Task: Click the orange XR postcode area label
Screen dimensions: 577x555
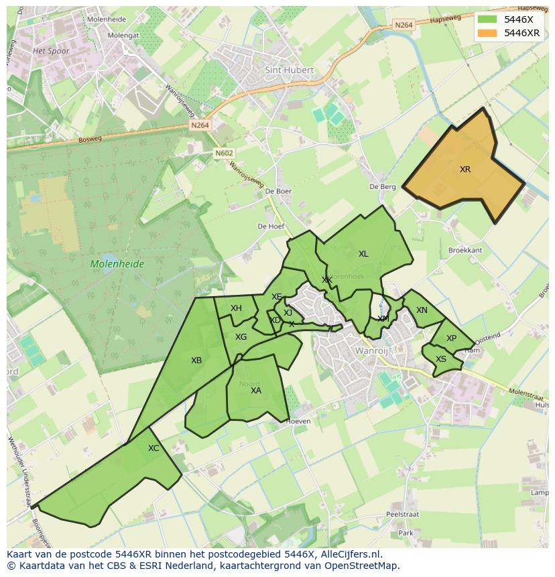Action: click(465, 170)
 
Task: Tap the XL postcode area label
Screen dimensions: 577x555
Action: click(363, 254)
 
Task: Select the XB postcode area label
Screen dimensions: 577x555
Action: click(196, 361)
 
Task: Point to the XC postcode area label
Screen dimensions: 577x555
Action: click(153, 448)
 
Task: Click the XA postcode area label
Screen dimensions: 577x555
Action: click(255, 391)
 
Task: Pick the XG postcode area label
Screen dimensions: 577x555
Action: click(241, 337)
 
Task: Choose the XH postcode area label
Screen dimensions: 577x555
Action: click(236, 308)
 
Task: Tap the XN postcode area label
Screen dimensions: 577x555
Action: click(422, 310)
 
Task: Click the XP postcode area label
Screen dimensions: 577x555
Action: click(451, 338)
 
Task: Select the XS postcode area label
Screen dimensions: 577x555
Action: click(441, 359)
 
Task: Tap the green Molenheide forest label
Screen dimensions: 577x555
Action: click(117, 264)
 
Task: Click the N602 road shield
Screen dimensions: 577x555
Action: click(225, 153)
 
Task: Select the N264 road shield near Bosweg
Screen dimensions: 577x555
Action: click(199, 125)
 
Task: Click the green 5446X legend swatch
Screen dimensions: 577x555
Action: click(487, 19)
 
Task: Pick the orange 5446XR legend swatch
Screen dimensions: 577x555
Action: click(487, 33)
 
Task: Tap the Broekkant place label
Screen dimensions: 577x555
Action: click(465, 250)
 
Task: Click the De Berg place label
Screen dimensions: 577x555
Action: click(383, 187)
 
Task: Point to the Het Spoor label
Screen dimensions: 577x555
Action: click(51, 51)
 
